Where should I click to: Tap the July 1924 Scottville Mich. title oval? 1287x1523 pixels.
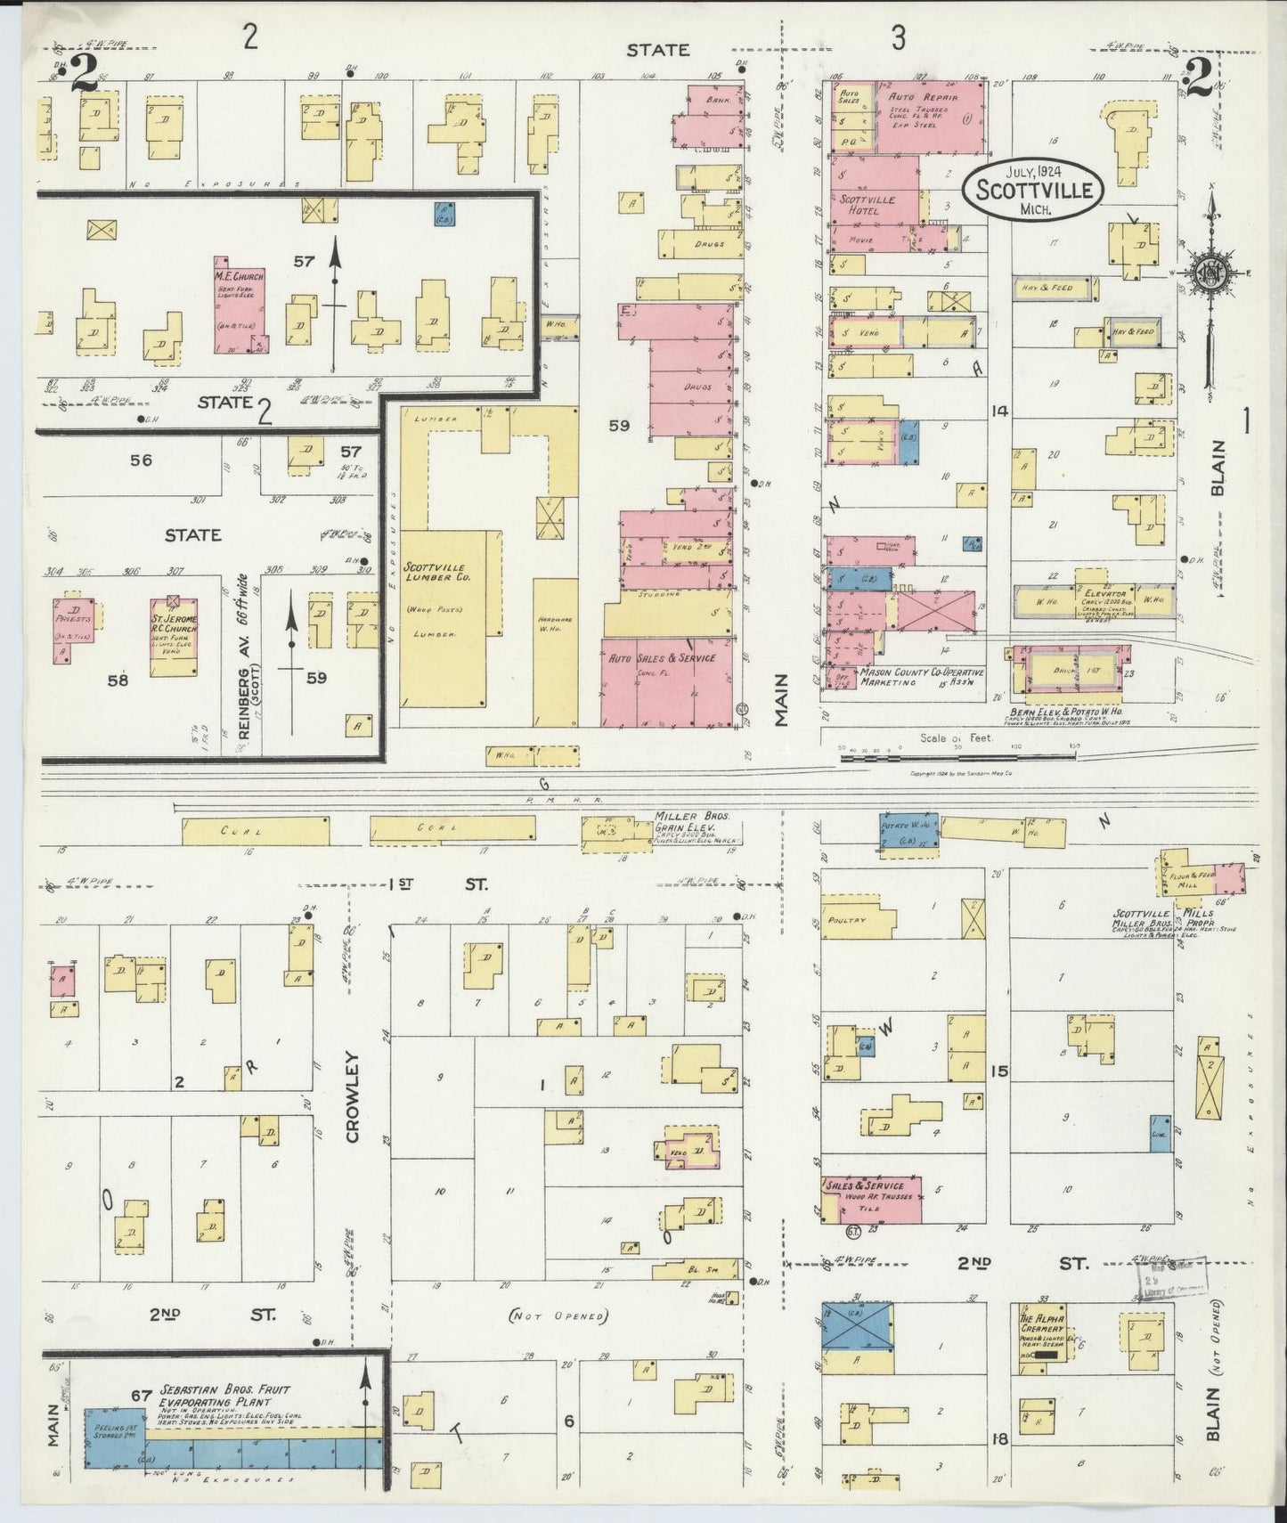coord(1038,189)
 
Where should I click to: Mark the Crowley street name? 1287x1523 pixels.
coord(352,1096)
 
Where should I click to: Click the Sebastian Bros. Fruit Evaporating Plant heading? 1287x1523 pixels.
coord(224,1396)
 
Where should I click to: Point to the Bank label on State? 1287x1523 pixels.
coord(717,101)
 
